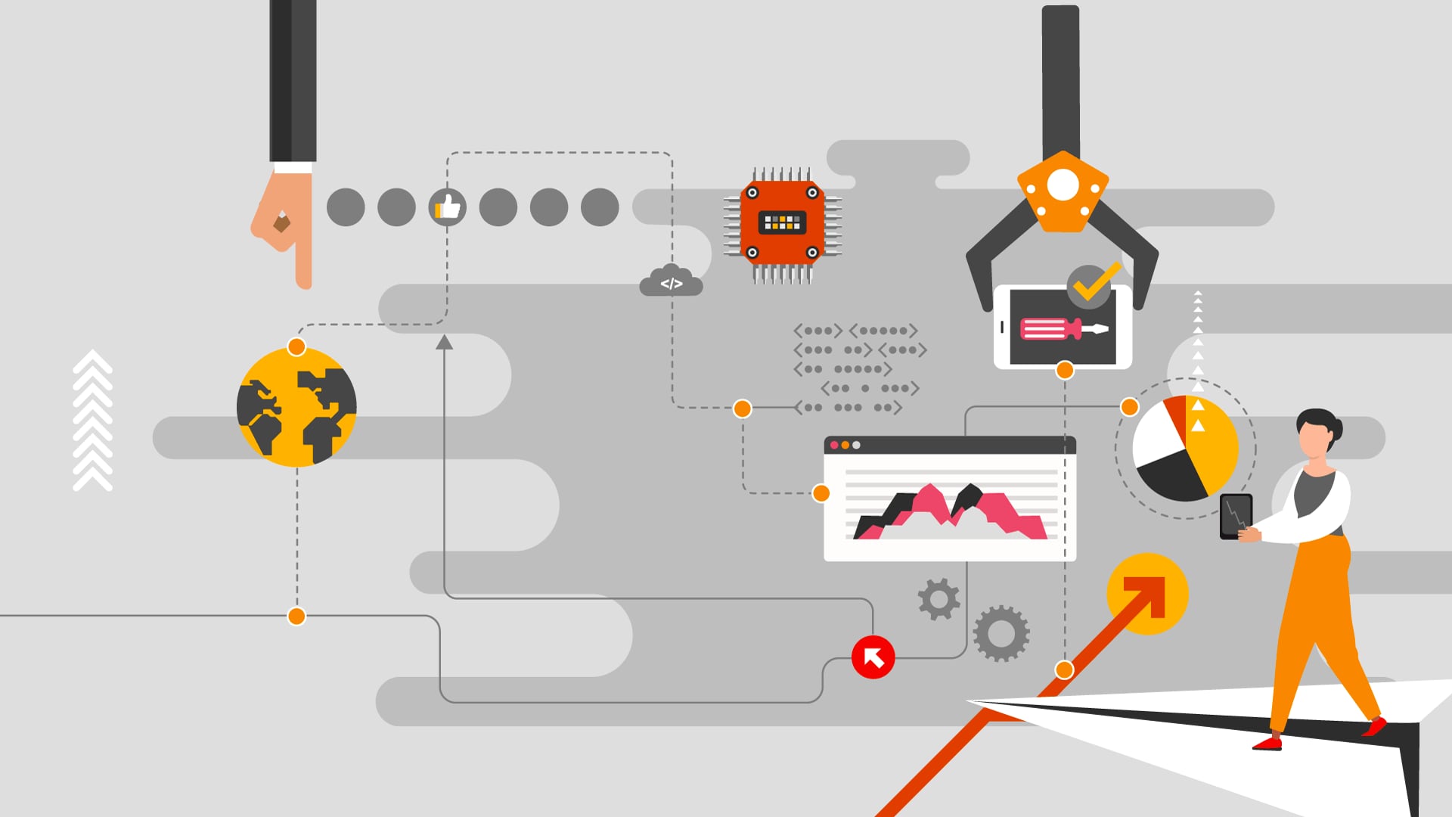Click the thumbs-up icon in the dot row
coord(448,207)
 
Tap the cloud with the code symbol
coord(671,281)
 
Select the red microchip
coord(782,222)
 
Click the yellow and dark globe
coord(296,407)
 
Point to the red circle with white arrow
coord(873,657)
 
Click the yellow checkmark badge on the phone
coord(1091,286)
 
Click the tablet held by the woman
coord(1236,516)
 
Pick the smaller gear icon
coord(939,599)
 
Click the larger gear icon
coord(1001,633)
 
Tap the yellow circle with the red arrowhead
coord(1147,593)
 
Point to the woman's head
coord(1317,433)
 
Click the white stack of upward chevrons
coord(92,421)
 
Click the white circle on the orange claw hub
coord(1063,185)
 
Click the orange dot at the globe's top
coord(296,347)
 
